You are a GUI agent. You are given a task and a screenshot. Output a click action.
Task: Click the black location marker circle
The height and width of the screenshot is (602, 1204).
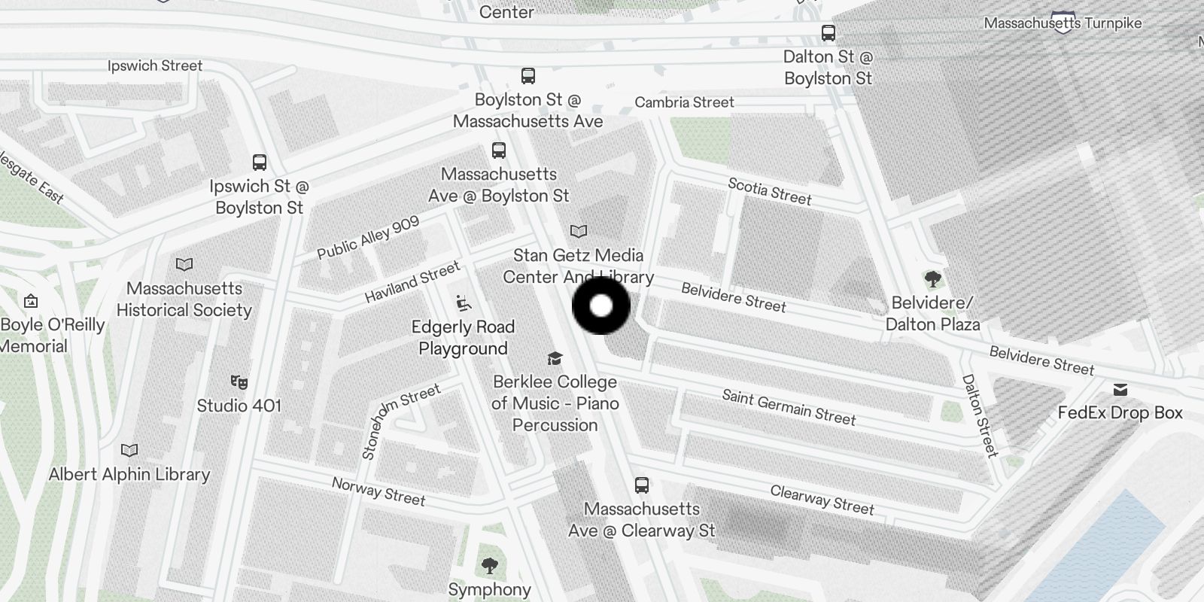pos(601,306)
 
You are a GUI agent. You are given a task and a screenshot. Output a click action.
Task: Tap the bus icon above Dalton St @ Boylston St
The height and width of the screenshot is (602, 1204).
pos(828,33)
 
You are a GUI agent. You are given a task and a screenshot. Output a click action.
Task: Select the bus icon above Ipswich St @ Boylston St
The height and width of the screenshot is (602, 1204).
pos(259,162)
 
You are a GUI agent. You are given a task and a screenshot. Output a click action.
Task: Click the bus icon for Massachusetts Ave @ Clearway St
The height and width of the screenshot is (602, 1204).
pos(641,485)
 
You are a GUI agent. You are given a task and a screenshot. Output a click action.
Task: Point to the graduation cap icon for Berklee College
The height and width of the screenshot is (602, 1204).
pos(555,358)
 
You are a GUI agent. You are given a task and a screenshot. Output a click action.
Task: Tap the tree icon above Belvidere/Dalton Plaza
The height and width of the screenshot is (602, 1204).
pos(932,280)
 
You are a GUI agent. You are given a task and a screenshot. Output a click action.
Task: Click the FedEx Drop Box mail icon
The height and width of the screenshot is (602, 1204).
pos(1120,389)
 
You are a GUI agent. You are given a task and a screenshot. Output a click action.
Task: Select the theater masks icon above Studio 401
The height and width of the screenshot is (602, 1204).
pos(239,382)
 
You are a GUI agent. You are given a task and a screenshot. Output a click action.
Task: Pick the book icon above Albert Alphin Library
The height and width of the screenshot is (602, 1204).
pos(129,450)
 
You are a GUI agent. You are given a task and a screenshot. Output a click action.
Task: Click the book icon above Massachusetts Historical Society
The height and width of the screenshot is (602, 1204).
pos(184,264)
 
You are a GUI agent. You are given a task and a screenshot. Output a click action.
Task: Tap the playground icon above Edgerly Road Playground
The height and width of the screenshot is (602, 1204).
pos(464,303)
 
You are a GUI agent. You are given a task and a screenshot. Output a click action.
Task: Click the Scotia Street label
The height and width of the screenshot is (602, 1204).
pos(769,192)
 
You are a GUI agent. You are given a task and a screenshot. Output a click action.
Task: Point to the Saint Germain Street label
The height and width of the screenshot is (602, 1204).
pos(789,407)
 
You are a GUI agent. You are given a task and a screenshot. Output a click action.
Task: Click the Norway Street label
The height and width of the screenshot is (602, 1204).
pos(379,492)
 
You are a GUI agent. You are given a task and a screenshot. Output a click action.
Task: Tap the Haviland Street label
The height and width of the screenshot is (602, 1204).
pos(412,282)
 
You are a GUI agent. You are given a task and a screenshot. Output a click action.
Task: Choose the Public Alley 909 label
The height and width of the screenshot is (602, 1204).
pos(368,238)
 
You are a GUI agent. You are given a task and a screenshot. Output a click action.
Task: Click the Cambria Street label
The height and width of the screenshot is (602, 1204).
pos(684,102)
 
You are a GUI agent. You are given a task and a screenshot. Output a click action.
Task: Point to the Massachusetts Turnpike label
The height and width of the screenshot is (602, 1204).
pos(1063,23)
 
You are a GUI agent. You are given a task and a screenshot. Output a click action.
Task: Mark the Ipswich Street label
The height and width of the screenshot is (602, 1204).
pos(155,66)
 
